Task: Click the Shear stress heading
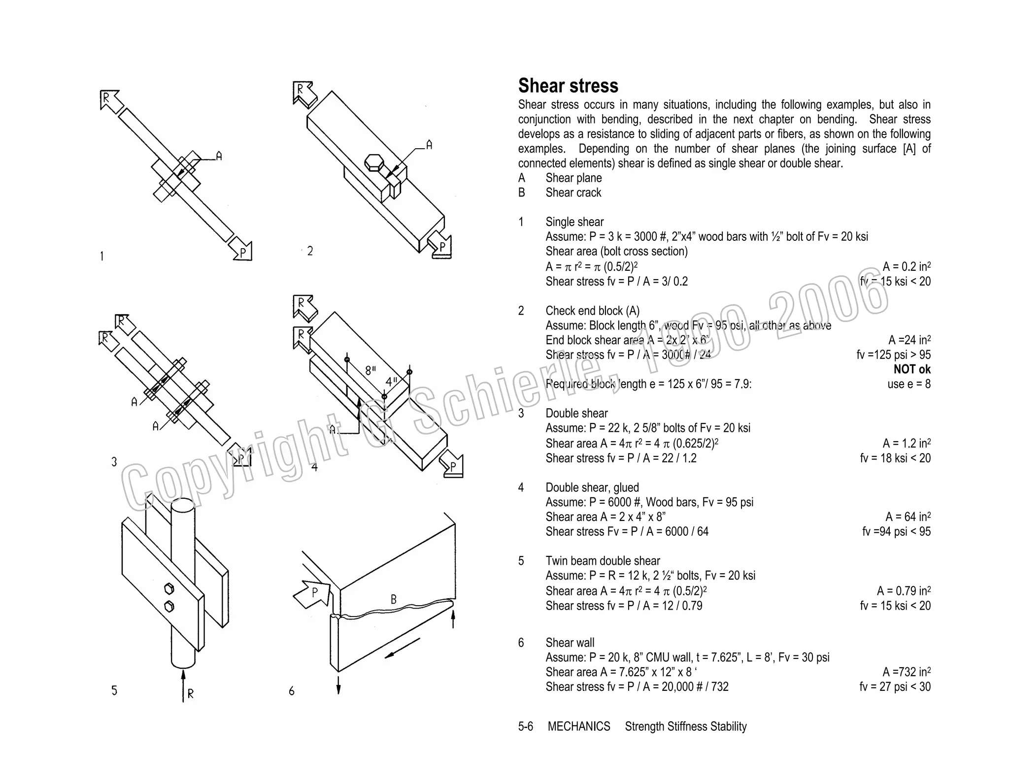[x=568, y=86]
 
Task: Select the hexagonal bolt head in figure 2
[x=374, y=162]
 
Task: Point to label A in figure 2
[x=429, y=145]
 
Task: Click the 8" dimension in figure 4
[x=370, y=370]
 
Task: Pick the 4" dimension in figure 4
[x=391, y=382]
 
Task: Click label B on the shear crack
[x=393, y=599]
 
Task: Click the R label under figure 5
[x=191, y=693]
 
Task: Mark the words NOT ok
[x=912, y=369]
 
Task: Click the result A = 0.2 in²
[x=906, y=266]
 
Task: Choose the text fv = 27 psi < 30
[x=895, y=686]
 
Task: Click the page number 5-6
[x=525, y=726]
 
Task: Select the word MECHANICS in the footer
[x=578, y=726]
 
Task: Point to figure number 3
[x=114, y=461]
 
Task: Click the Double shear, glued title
[x=592, y=487]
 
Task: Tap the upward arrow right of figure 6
[x=453, y=618]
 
